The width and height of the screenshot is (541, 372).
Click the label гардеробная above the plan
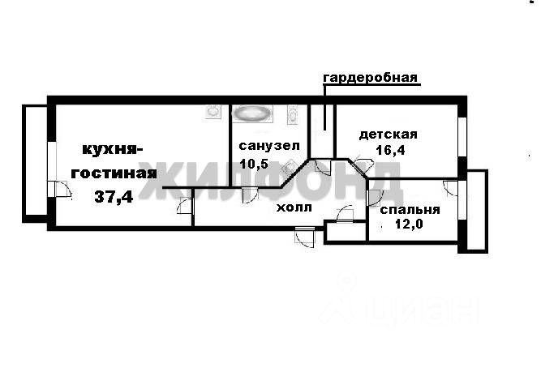(x=370, y=79)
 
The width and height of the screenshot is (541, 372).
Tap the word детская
(x=388, y=135)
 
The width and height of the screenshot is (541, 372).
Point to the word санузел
(x=269, y=146)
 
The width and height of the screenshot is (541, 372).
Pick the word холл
(x=294, y=207)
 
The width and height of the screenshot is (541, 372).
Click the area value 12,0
(x=410, y=225)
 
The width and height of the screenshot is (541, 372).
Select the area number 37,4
(x=114, y=195)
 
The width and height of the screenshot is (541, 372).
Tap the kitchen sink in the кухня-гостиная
(x=213, y=112)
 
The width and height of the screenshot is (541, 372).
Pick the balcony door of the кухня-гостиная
(x=59, y=189)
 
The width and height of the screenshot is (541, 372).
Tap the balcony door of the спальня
(x=451, y=187)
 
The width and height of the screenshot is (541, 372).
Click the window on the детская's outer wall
(x=462, y=137)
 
